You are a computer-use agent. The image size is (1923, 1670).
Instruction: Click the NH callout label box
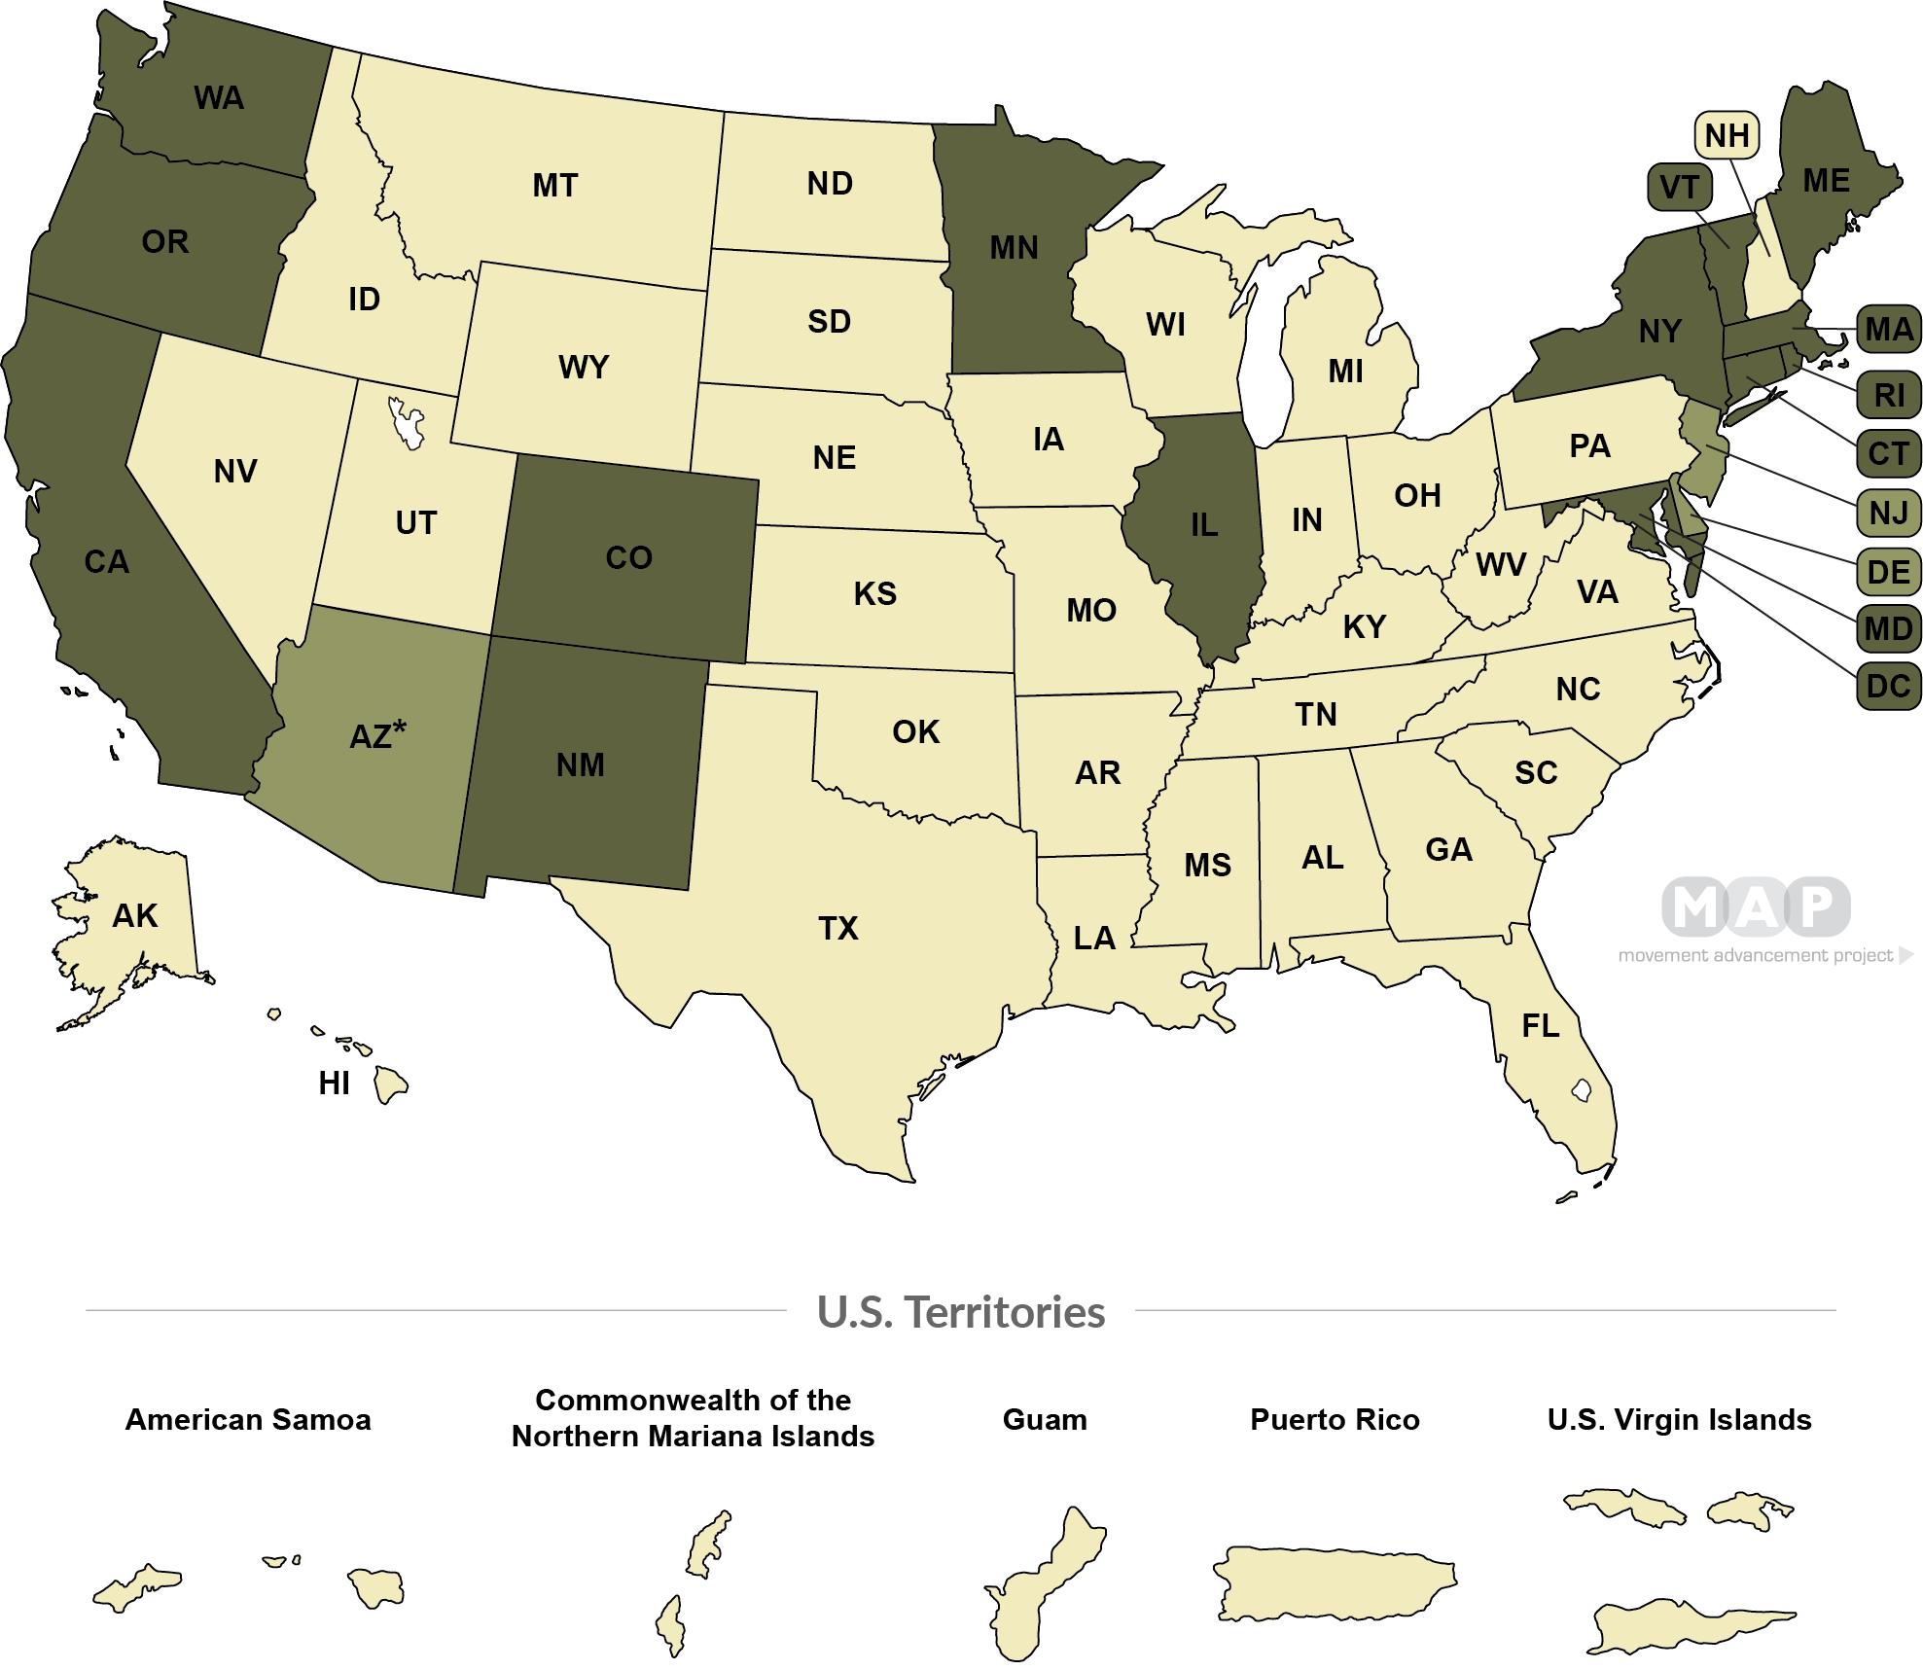coord(1727,136)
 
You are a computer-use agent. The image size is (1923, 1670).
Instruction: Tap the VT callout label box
coord(1679,188)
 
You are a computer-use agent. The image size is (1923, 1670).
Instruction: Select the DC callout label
coord(1888,687)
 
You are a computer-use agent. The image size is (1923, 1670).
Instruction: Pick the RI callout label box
coord(1888,395)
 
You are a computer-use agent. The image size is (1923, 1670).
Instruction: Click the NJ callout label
coord(1888,512)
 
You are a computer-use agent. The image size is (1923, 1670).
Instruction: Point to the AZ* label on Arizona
coord(377,735)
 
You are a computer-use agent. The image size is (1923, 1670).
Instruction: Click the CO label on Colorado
coord(628,558)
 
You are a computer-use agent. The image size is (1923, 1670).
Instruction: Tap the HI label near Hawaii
coord(334,1084)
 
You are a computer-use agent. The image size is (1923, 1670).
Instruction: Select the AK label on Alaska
coord(134,916)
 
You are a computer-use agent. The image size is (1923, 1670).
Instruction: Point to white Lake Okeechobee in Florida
coord(1582,1090)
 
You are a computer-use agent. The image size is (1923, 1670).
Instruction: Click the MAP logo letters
coord(1755,906)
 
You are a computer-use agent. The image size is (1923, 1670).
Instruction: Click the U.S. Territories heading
coord(961,1313)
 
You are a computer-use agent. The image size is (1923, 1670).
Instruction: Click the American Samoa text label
coord(248,1420)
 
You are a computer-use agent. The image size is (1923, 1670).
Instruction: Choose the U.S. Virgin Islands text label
coord(1679,1420)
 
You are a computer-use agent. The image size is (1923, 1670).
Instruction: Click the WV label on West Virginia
coord(1501,565)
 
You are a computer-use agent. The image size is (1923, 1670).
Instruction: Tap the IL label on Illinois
coord(1203,526)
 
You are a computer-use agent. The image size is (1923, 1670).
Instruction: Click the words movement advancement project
coord(1756,955)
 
